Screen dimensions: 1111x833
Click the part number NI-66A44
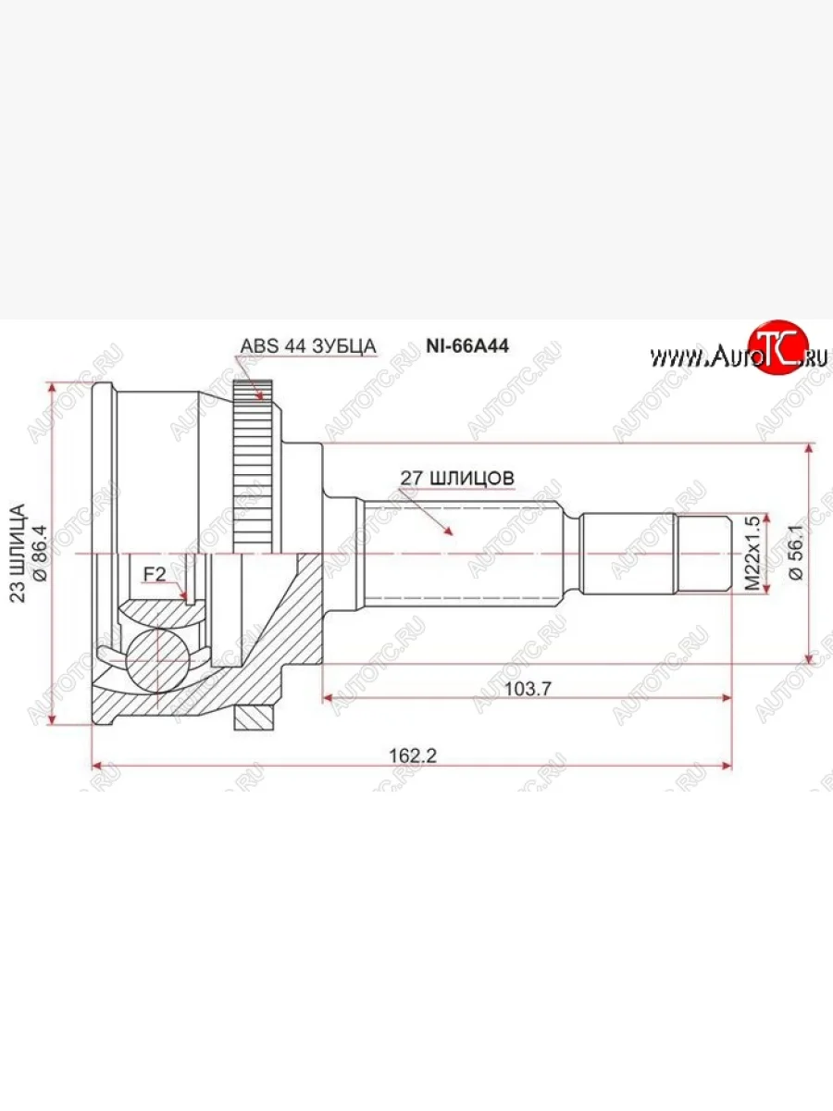tap(467, 345)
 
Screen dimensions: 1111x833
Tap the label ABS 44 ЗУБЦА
tap(308, 346)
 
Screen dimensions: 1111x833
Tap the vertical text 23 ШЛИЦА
tap(16, 554)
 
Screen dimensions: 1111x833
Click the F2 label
tap(154, 575)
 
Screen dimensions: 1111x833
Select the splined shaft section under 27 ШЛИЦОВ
tap(463, 554)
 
